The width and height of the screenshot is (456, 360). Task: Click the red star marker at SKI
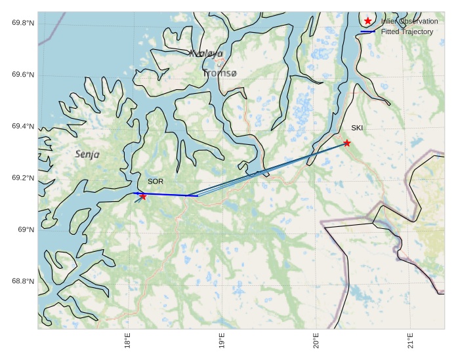tap(346, 143)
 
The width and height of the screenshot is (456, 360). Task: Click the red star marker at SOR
tap(142, 196)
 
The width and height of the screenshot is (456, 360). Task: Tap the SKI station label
tap(357, 128)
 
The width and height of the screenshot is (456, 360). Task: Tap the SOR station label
tap(155, 181)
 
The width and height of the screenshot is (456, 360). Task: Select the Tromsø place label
tap(219, 73)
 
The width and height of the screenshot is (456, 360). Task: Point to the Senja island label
tap(87, 155)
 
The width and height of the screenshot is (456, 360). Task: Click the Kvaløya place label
tap(206, 54)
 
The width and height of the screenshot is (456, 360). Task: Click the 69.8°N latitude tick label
tap(23, 23)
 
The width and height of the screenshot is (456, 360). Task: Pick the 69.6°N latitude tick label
tap(23, 75)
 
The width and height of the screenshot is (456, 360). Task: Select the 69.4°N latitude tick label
tap(23, 127)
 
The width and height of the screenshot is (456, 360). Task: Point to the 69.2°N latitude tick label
tap(23, 178)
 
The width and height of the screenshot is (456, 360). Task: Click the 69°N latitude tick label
tap(26, 230)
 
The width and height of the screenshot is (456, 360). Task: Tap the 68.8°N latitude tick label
tap(23, 281)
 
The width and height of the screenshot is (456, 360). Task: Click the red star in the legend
tap(368, 22)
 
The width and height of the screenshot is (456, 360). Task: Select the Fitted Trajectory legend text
tap(407, 31)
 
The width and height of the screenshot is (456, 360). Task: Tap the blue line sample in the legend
tap(368, 31)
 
